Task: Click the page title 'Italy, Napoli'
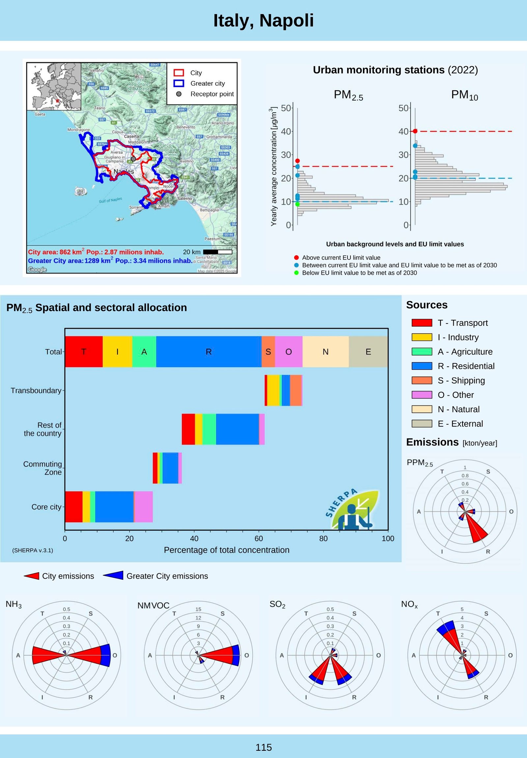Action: (263, 20)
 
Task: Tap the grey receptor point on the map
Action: (133, 159)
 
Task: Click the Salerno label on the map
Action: (184, 198)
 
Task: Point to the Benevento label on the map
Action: (186, 127)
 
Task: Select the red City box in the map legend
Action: (179, 72)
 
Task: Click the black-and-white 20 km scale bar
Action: (217, 252)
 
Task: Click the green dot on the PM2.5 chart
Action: (297, 204)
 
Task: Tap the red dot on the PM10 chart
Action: (415, 131)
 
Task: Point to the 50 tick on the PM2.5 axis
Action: (286, 108)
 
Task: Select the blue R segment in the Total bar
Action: (208, 351)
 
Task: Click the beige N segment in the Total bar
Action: (325, 351)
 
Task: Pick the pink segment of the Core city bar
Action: (144, 506)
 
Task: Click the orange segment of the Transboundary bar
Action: (295, 390)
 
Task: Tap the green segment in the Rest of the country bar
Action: (209, 429)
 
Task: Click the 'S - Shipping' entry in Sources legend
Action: (461, 380)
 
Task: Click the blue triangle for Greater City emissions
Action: (114, 576)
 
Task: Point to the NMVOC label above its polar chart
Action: (153, 605)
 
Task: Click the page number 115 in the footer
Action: (263, 747)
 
